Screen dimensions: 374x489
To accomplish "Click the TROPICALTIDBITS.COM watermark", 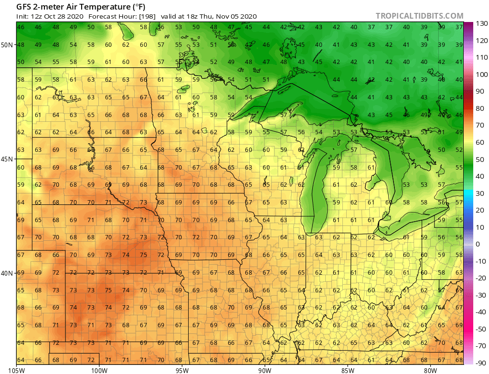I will click(419, 16).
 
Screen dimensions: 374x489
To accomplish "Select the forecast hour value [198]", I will click(146, 16).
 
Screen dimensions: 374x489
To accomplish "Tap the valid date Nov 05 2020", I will click(235, 16).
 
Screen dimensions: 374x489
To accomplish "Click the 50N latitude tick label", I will click(7, 45).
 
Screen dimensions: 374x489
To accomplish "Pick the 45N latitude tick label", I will click(7, 159).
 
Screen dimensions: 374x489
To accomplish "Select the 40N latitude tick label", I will click(7, 273).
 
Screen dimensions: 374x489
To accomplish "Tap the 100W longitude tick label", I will click(99, 370).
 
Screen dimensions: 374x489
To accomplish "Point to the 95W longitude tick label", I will click(182, 370).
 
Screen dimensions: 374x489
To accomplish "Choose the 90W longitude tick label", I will click(265, 370).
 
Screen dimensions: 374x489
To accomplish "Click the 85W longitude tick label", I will click(348, 370).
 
